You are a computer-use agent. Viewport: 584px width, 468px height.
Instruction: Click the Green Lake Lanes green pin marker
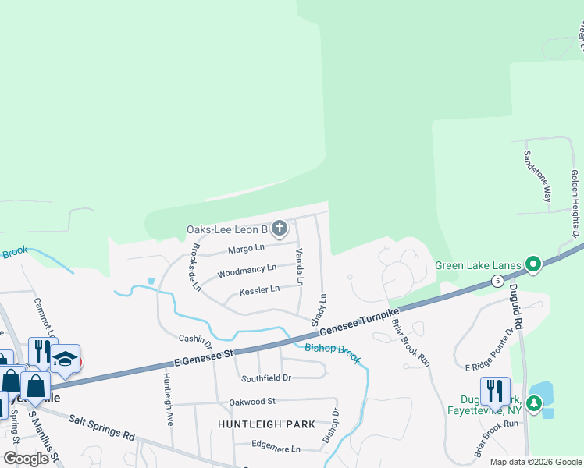(x=533, y=265)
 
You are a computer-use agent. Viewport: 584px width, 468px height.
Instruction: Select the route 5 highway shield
(x=497, y=280)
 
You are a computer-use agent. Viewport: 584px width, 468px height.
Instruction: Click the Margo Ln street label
(x=246, y=249)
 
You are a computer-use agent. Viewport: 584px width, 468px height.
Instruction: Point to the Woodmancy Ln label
(x=247, y=270)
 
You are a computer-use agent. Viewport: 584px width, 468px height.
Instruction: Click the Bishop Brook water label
(x=333, y=353)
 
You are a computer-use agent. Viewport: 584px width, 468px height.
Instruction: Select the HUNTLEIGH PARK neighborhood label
(x=266, y=424)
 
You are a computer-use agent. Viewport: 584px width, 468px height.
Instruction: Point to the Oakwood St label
(x=252, y=402)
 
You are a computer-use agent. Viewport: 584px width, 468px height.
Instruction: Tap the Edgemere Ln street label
(x=276, y=448)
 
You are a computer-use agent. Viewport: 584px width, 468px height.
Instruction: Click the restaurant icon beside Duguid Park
(x=495, y=390)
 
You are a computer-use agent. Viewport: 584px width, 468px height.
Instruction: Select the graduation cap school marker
(x=66, y=360)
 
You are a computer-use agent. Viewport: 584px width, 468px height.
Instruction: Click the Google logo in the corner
(x=26, y=458)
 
